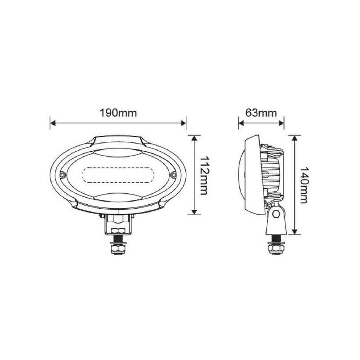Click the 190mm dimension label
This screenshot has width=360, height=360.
pyautogui.click(x=118, y=113)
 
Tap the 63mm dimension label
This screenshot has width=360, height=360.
pyautogui.click(x=261, y=113)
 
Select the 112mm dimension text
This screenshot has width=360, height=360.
pyautogui.click(x=204, y=175)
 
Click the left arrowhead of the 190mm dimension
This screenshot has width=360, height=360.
pyautogui.click(x=53, y=123)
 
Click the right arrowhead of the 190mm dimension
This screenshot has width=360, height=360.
pyautogui.click(x=183, y=123)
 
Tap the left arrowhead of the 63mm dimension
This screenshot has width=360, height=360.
pyautogui.click(x=242, y=123)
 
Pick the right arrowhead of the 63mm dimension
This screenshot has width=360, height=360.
pyautogui.click(x=281, y=123)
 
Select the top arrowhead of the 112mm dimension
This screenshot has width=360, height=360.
pyautogui.click(x=194, y=138)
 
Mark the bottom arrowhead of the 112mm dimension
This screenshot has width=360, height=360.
pyautogui.click(x=194, y=211)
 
